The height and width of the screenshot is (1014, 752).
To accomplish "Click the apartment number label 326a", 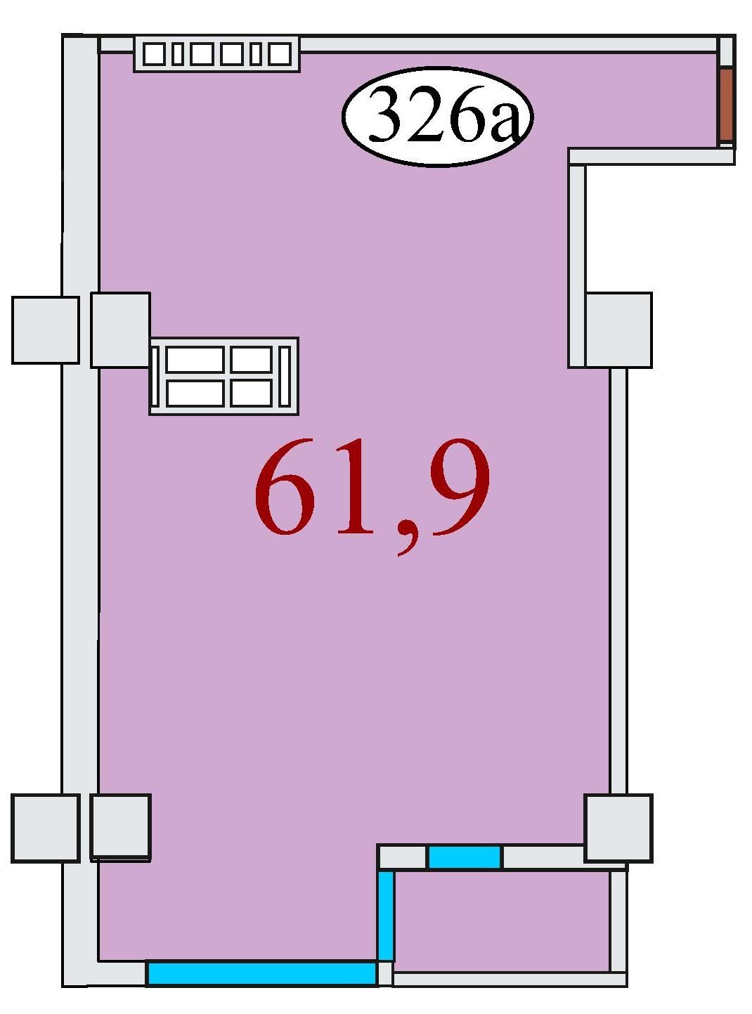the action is coord(437,117).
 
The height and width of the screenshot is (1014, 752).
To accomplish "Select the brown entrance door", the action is coord(727,105).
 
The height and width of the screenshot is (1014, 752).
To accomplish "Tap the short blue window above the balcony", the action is coord(465,857).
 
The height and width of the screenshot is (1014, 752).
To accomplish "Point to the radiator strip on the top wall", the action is coord(217,54).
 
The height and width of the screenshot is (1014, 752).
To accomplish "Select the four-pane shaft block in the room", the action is coord(224,376).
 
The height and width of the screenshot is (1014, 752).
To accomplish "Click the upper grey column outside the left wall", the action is coord(45,330).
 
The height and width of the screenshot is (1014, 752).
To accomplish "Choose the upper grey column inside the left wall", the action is coord(120,330).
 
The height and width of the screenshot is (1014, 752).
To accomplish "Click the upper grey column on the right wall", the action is coord(618,330).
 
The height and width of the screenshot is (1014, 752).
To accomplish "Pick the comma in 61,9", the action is coord(406,540).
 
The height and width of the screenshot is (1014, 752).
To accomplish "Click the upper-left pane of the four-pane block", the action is coord(195,359).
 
